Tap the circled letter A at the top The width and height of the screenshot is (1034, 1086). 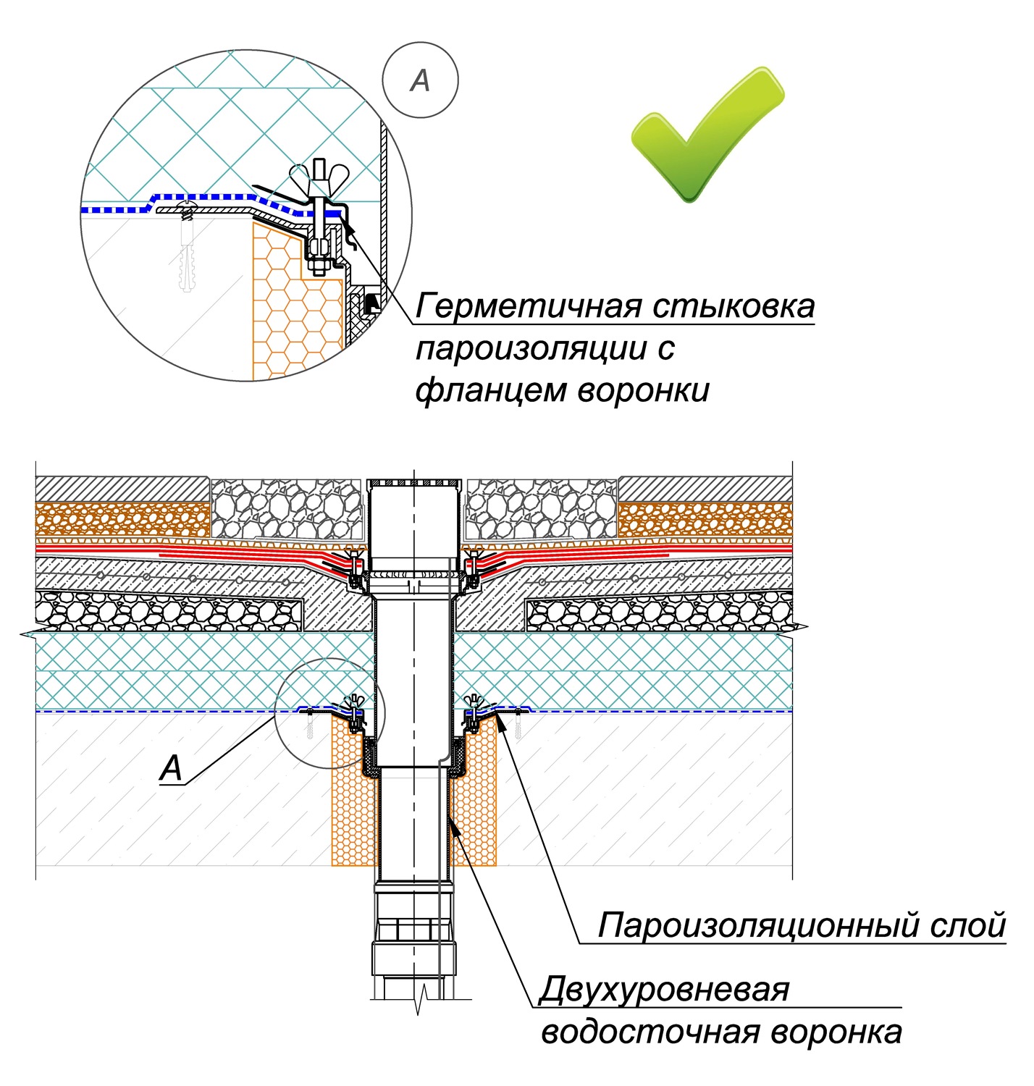(x=420, y=80)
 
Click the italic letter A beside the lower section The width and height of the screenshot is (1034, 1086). (x=172, y=767)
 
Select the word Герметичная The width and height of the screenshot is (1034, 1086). (x=527, y=306)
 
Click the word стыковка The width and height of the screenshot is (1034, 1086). (x=733, y=306)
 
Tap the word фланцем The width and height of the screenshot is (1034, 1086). (x=489, y=391)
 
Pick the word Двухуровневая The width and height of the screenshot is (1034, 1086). (x=664, y=989)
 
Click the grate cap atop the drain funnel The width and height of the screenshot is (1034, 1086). (x=414, y=482)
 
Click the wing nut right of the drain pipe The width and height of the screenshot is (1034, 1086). (x=474, y=702)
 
